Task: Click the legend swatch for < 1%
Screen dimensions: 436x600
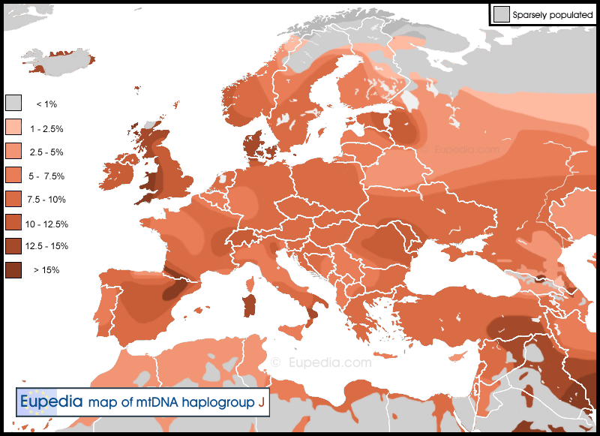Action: coord(13,104)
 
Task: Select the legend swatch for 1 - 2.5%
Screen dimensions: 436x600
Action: coord(13,128)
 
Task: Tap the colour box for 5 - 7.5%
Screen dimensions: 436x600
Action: coord(13,176)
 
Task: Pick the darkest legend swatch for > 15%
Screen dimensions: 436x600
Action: coord(13,269)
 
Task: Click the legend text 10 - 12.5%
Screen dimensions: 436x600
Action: coord(46,224)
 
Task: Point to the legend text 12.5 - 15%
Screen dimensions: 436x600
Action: coord(46,246)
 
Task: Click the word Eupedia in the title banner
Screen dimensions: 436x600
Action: coord(51,401)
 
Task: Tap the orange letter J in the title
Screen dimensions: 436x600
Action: coord(261,402)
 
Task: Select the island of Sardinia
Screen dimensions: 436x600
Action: coord(248,305)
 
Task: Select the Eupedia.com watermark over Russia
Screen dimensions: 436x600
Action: coord(466,149)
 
